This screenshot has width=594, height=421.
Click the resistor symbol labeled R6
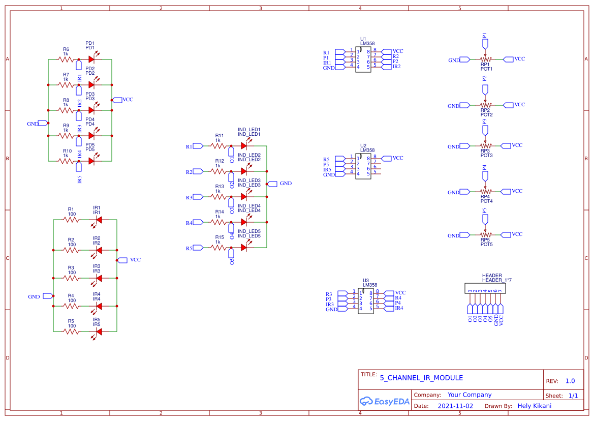click(x=66, y=59)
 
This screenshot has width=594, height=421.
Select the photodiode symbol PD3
click(x=92, y=110)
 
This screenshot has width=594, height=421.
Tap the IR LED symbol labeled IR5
click(x=99, y=332)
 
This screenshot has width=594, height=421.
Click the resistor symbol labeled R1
click(x=71, y=220)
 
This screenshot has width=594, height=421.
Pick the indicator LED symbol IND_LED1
click(x=244, y=146)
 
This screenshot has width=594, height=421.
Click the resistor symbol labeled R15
click(x=219, y=248)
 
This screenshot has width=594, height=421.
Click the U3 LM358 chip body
click(x=366, y=300)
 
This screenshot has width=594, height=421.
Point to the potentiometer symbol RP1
click(x=485, y=59)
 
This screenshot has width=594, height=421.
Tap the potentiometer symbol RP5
click(x=485, y=235)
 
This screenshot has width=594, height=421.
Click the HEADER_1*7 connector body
click(x=485, y=288)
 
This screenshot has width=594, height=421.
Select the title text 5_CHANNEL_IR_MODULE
click(x=421, y=378)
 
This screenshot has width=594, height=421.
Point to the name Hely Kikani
click(x=534, y=406)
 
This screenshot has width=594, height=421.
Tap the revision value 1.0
click(x=570, y=381)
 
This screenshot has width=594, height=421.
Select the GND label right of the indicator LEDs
click(x=286, y=183)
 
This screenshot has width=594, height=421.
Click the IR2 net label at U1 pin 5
click(x=396, y=66)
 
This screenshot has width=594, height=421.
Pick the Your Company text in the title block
click(x=470, y=395)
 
